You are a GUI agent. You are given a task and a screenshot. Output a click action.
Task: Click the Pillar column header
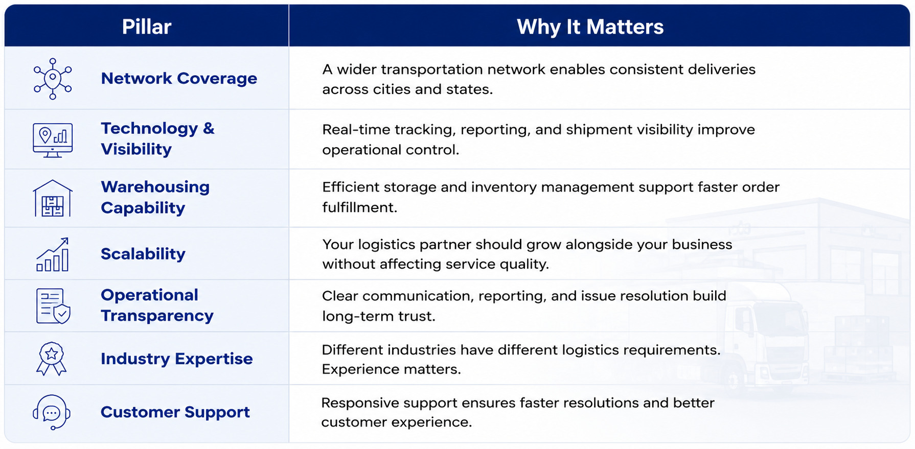click(x=146, y=27)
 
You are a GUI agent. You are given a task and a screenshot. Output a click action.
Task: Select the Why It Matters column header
click(x=590, y=27)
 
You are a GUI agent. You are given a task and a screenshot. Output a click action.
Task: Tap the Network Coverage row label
click(x=179, y=78)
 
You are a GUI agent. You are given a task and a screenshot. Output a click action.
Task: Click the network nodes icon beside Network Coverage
click(x=53, y=79)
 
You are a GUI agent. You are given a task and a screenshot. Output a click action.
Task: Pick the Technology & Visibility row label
click(x=157, y=138)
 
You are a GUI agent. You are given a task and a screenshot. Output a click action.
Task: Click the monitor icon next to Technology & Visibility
click(x=53, y=140)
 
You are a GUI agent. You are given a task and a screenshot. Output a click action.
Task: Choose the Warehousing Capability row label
click(x=155, y=197)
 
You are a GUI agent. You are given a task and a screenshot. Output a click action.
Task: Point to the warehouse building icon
click(x=53, y=198)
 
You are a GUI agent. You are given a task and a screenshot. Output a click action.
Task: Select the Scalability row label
click(x=143, y=254)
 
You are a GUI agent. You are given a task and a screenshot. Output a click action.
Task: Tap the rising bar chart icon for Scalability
click(x=53, y=254)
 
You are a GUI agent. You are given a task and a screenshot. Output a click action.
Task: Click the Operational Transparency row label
click(x=157, y=305)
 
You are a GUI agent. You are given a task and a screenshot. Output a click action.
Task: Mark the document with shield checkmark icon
click(x=53, y=306)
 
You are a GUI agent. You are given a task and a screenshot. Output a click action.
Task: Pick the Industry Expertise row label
click(x=176, y=359)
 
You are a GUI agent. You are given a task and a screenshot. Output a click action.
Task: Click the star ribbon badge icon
click(x=52, y=359)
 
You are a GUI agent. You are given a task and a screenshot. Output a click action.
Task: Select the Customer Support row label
click(x=175, y=412)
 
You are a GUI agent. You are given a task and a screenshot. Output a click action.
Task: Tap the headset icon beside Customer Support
click(x=52, y=412)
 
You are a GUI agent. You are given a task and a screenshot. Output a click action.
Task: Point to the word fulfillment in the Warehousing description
click(x=359, y=207)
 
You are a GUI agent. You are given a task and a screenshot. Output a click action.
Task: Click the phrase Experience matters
click(x=391, y=369)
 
